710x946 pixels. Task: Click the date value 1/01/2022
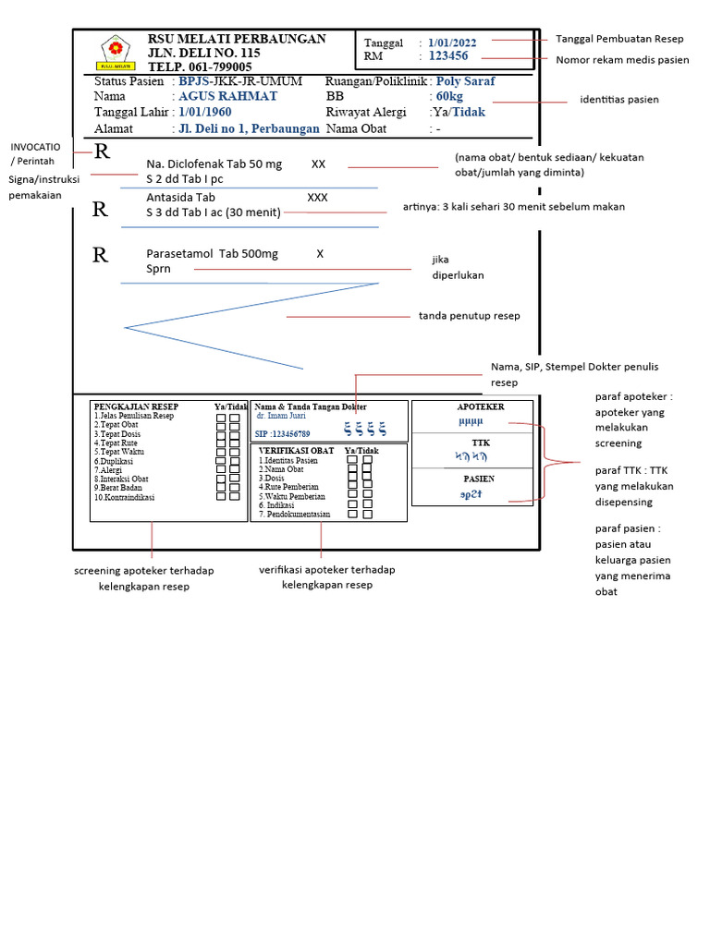coord(452,42)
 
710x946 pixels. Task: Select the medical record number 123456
coord(448,56)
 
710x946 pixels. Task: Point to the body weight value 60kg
coord(449,96)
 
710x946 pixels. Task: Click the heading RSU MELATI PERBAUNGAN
coord(237,39)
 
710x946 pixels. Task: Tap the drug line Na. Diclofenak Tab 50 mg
coord(214,164)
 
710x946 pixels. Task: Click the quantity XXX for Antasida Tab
coord(317,198)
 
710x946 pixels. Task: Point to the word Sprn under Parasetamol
coord(158,269)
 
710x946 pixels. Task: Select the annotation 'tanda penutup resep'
coord(469,316)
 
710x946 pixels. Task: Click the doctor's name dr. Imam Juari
coord(281,416)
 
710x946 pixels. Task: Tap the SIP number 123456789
coord(283,433)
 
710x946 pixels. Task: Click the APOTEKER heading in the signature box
coord(481,406)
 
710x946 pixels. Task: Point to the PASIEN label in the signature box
coord(479,479)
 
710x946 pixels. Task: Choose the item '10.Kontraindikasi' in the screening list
coord(125,497)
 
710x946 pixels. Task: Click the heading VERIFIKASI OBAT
coord(296,450)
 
